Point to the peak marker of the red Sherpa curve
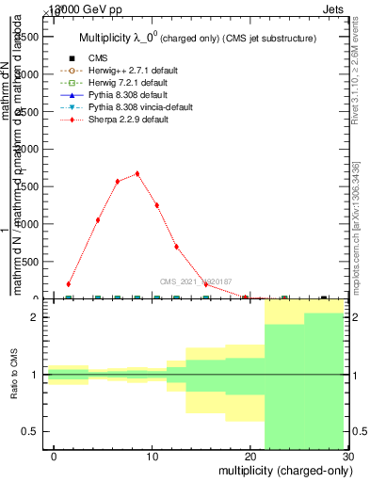click(137, 173)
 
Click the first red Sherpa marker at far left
click(69, 283)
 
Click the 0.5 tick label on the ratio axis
click(33, 431)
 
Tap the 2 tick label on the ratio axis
click(39, 318)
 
